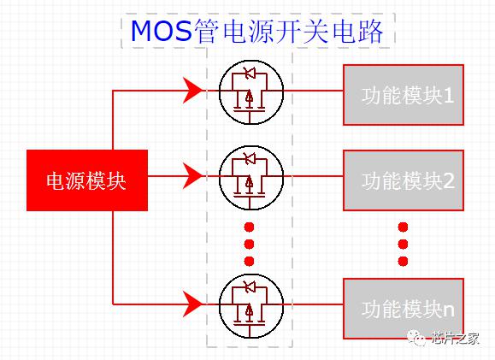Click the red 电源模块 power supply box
click(x=87, y=180)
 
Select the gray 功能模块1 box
click(x=404, y=95)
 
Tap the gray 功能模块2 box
click(x=404, y=180)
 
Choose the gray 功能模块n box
click(x=404, y=309)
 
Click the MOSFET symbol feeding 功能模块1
click(x=251, y=91)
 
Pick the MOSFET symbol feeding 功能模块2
click(x=251, y=178)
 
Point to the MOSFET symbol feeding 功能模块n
click(x=251, y=305)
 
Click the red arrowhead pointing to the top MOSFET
click(x=192, y=91)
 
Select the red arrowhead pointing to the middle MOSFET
click(x=192, y=176)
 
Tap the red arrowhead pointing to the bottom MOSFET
click(x=192, y=304)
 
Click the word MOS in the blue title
click(x=162, y=31)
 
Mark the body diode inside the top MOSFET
click(x=250, y=74)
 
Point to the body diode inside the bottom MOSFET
click(x=250, y=287)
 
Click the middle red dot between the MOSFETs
click(x=249, y=244)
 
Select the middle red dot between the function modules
click(x=403, y=244)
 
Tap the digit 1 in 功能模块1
click(x=449, y=96)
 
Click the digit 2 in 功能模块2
click(x=449, y=181)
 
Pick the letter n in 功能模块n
click(x=449, y=311)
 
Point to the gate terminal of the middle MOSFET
click(x=250, y=203)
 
